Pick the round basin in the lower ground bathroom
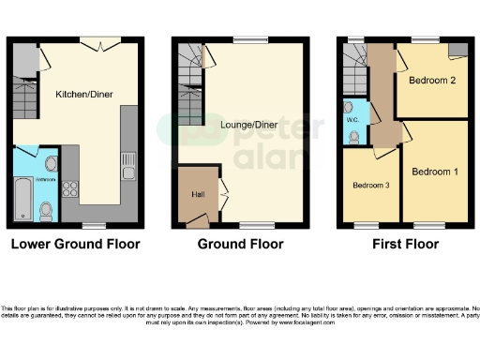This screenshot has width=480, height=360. pyautogui.click(x=50, y=165)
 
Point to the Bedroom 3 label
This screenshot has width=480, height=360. pyautogui.click(x=371, y=186)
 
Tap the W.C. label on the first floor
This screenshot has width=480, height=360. pyautogui.click(x=352, y=119)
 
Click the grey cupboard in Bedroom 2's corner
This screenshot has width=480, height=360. pyautogui.click(x=457, y=50)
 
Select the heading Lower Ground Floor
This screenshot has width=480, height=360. pyautogui.click(x=75, y=244)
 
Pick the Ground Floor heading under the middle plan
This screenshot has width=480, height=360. pyautogui.click(x=240, y=244)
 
